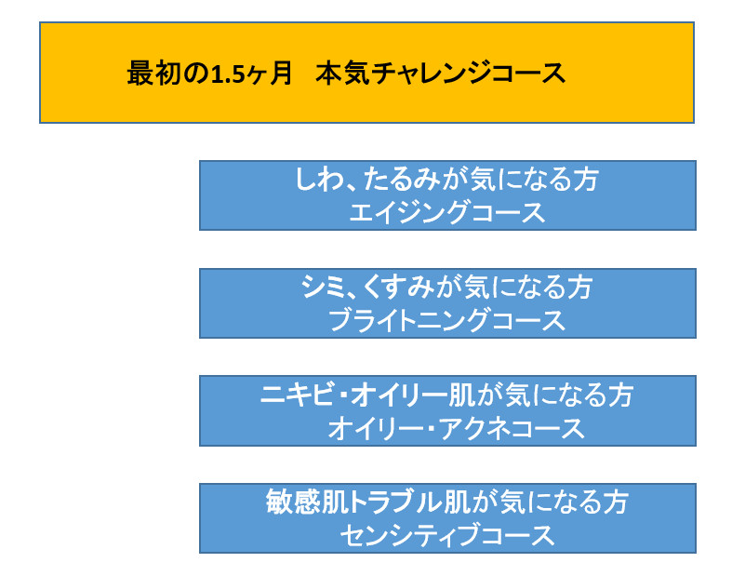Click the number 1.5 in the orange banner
click(228, 74)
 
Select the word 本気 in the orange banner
click(343, 74)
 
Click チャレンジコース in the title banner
click(469, 74)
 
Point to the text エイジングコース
click(447, 212)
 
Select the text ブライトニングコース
click(447, 320)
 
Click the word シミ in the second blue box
click(319, 287)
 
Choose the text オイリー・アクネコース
click(456, 428)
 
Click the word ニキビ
click(297, 395)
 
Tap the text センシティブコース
click(447, 535)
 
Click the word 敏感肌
click(308, 502)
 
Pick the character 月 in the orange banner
click(280, 74)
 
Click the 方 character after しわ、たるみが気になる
click(586, 179)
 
